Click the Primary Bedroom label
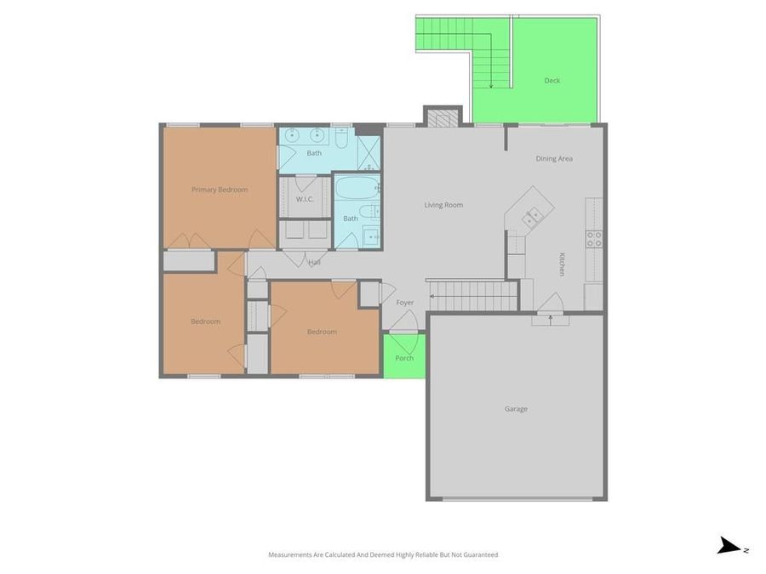[220, 190]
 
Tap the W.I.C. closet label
[306, 199]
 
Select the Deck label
[552, 81]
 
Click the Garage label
[516, 409]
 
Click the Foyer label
[404, 303]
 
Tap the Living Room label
[443, 205]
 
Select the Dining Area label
[553, 159]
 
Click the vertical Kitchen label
[562, 264]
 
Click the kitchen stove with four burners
[594, 239]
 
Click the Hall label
[314, 262]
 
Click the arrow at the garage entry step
[550, 319]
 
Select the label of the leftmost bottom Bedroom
[205, 321]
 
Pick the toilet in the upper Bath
[341, 136]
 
